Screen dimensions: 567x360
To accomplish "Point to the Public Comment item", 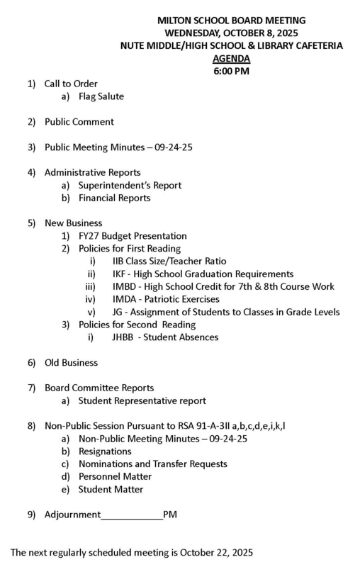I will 79,122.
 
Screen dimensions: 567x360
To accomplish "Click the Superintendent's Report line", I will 130,186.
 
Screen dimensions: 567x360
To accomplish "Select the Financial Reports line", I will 114,198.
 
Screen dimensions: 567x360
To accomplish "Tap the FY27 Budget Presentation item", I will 133,236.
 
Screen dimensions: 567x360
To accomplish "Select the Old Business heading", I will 72,363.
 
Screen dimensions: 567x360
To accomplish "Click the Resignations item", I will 105,451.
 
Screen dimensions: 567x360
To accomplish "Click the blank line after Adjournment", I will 133,515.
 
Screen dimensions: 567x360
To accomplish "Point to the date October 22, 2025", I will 212,551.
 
